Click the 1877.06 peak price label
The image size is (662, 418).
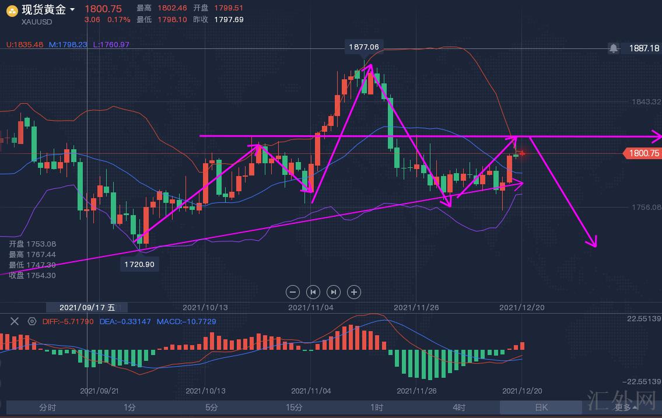(x=363, y=47)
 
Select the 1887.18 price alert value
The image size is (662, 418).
(x=643, y=48)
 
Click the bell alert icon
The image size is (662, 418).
(x=614, y=48)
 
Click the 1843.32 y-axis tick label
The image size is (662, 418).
(x=646, y=101)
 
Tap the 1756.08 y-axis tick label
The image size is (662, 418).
(x=646, y=207)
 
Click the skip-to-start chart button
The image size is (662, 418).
(x=313, y=292)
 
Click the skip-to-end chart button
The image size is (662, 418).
(x=333, y=292)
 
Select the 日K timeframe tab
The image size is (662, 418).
(x=541, y=408)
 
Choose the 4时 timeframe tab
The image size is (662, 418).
(x=459, y=408)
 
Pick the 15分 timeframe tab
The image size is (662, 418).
(x=295, y=408)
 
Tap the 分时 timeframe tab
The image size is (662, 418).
(x=48, y=408)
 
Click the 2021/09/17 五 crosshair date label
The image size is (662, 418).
(x=87, y=307)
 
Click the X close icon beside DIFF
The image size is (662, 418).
(x=15, y=321)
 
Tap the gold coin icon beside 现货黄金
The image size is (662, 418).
(x=12, y=10)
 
